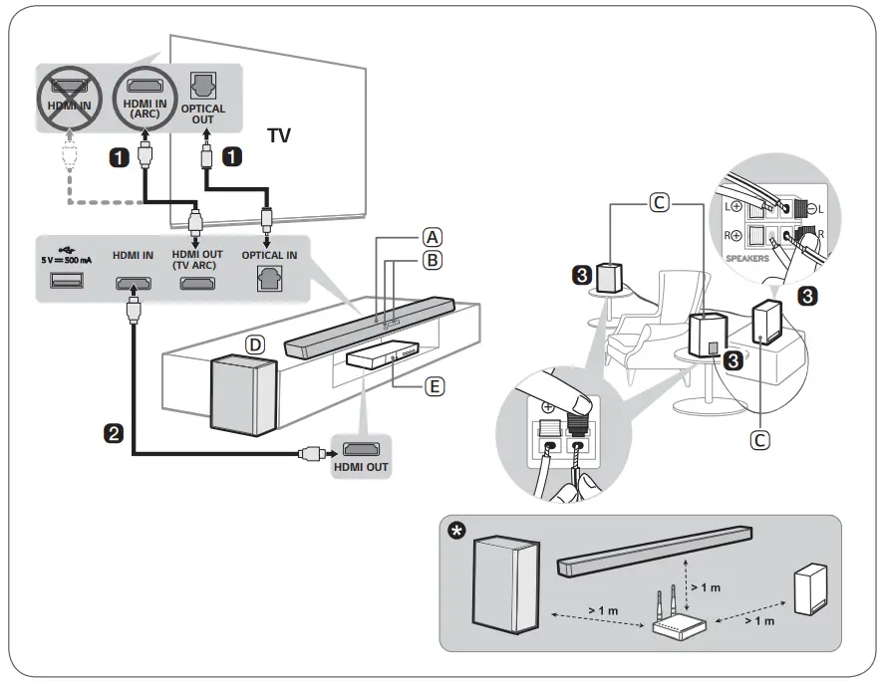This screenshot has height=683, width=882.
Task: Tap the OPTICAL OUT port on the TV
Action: pyautogui.click(x=202, y=86)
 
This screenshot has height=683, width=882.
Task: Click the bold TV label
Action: pyautogui.click(x=279, y=135)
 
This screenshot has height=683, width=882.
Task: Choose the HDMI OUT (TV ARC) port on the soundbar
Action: pyautogui.click(x=196, y=283)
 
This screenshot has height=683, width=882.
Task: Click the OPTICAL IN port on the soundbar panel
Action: pyautogui.click(x=268, y=282)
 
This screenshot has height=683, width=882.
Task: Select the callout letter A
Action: pyautogui.click(x=432, y=237)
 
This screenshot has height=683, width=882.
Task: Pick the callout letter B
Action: pyautogui.click(x=432, y=260)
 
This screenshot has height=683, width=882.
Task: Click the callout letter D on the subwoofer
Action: pyautogui.click(x=256, y=344)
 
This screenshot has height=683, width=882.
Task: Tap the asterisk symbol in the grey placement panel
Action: pyautogui.click(x=457, y=530)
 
